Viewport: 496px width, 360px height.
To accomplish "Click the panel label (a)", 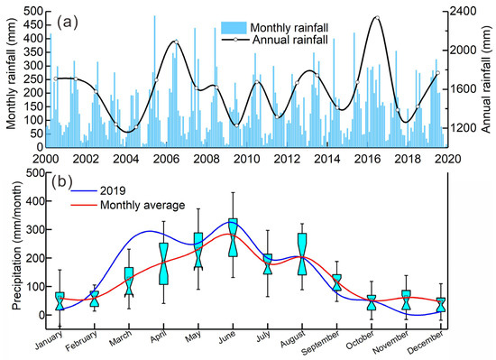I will pyautogui.click(x=69, y=20).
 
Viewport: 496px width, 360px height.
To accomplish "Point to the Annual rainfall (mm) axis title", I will pyautogui.click(x=487, y=78).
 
